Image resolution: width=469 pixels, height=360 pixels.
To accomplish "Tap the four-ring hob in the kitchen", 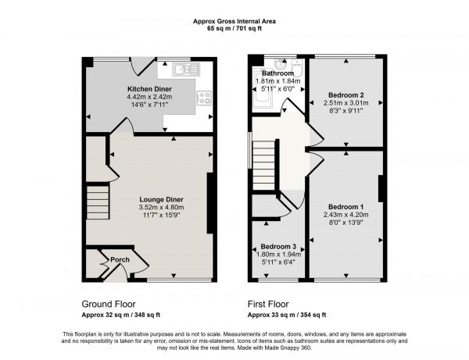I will click(x=205, y=98).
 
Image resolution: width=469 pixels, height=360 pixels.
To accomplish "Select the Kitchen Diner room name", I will click(x=151, y=89).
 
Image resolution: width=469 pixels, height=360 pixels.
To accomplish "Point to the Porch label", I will click(x=120, y=259).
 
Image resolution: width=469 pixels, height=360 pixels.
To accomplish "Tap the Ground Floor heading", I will click(x=109, y=303).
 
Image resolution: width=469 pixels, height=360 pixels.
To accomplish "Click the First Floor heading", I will click(x=271, y=303).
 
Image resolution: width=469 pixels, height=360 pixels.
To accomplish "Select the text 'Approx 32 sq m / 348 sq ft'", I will click(x=121, y=315).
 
